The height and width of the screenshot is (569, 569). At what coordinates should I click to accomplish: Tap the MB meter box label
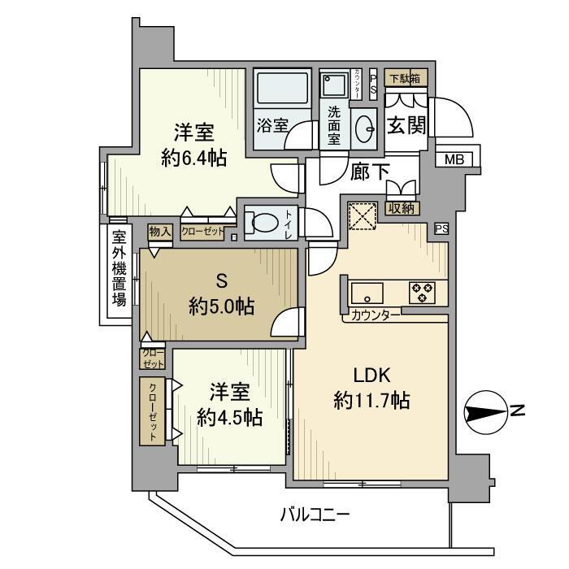454,160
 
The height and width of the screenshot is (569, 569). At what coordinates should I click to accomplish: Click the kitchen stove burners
423,292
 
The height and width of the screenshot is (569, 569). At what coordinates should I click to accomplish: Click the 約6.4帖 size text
193,159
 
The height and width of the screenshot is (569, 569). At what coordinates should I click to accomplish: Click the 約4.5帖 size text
229,418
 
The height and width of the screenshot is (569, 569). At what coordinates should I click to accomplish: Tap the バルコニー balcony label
315,514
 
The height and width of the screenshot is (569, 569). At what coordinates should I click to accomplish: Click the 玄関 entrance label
406,127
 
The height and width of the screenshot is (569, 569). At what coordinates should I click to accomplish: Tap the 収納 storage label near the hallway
402,208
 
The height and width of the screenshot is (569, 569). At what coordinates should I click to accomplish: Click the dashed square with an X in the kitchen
361,216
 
